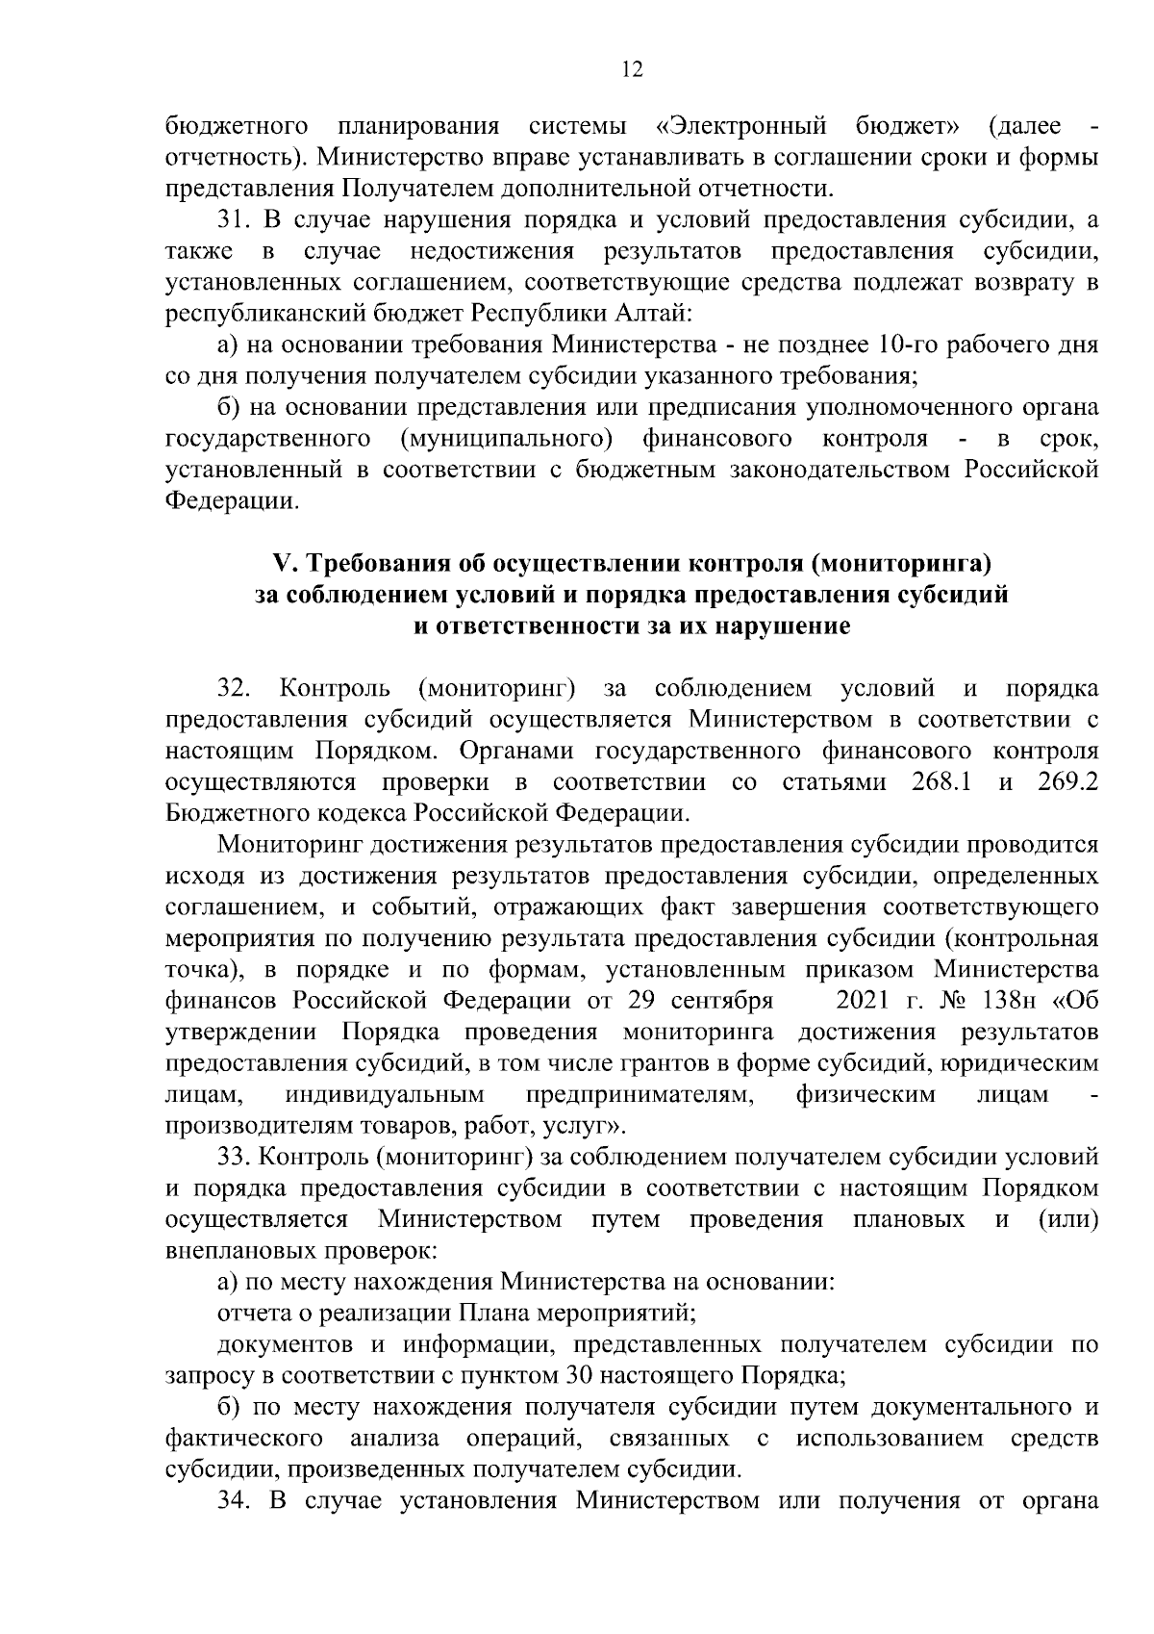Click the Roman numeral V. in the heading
tap(284, 563)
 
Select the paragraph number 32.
tap(235, 689)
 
